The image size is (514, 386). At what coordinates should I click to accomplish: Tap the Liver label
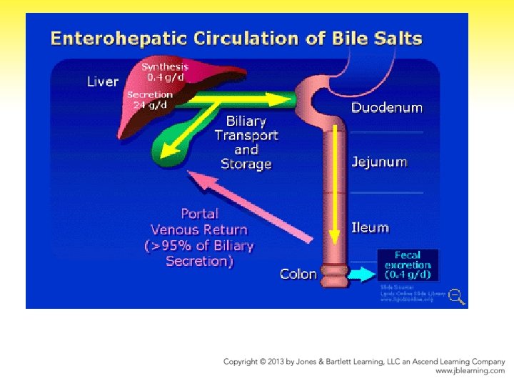point(102,81)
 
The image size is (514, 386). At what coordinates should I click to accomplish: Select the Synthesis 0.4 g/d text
point(165,71)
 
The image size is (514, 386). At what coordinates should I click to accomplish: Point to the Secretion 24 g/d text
point(150,99)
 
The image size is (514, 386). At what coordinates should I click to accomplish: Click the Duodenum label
point(386,108)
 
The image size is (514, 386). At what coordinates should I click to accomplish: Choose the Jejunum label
point(379,162)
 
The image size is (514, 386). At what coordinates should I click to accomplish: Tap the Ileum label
point(370,227)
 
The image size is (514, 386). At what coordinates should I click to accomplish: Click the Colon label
point(298,274)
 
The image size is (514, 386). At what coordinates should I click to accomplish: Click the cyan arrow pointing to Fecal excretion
point(366,274)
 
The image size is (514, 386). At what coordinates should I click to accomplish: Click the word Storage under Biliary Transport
point(246,164)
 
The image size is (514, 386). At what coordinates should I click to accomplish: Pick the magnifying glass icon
point(457,296)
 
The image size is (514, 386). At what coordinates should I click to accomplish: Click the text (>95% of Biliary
point(199,246)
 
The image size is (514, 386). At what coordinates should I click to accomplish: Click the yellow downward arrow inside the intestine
point(334,186)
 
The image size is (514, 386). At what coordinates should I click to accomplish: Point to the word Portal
point(200,213)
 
